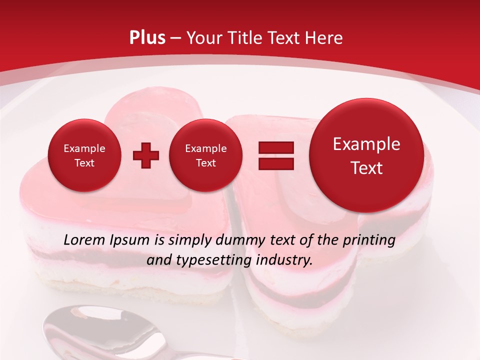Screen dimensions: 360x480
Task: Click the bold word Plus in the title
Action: click(x=147, y=37)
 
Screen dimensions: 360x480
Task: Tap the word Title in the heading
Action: click(x=244, y=38)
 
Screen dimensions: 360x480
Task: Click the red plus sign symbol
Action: click(x=145, y=155)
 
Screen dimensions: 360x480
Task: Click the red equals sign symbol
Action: click(x=276, y=155)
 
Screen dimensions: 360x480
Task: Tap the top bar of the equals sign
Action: click(x=276, y=147)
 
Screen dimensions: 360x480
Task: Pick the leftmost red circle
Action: click(x=84, y=155)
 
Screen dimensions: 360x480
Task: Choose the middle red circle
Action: click(x=205, y=155)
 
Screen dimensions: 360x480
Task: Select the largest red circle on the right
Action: click(x=366, y=155)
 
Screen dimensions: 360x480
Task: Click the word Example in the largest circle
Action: click(x=366, y=144)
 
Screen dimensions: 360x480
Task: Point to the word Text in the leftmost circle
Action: click(x=84, y=163)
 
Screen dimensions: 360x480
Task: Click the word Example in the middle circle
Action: click(x=205, y=148)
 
